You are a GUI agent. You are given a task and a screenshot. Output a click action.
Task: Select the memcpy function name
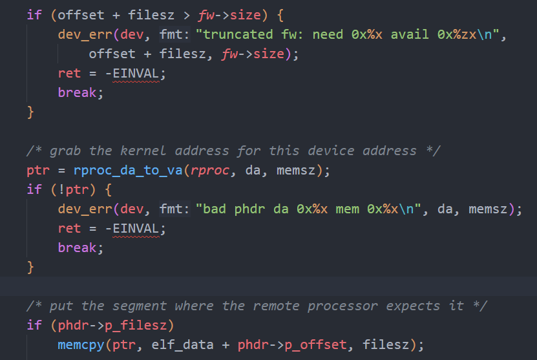click(77, 344)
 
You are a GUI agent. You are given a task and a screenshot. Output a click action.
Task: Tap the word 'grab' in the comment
click(65, 151)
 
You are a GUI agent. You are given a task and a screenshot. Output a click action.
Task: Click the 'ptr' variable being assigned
click(37, 170)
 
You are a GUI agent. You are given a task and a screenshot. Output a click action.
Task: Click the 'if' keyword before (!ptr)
click(33, 189)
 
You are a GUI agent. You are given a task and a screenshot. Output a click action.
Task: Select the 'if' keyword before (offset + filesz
click(33, 15)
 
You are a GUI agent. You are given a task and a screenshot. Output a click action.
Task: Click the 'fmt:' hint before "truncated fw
click(174, 34)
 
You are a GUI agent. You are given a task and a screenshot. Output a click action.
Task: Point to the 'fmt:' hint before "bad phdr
click(174, 209)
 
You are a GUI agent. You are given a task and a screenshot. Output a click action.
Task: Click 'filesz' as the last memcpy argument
click(384, 344)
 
